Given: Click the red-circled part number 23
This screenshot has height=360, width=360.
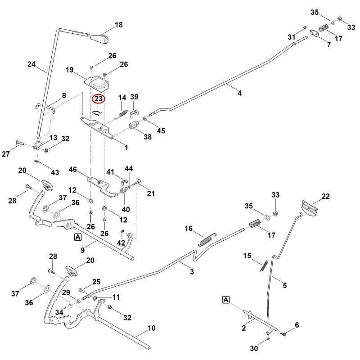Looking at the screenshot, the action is pyautogui.click(x=98, y=99).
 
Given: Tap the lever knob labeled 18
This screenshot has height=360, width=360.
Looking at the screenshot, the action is pyautogui.click(x=99, y=38).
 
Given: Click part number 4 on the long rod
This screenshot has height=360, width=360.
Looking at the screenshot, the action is pyautogui.click(x=239, y=93).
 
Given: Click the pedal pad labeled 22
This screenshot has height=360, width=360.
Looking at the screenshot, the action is pyautogui.click(x=309, y=208).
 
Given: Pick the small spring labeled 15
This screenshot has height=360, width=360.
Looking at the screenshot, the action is pyautogui.click(x=264, y=265).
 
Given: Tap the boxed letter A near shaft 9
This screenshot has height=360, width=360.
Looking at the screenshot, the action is pyautogui.click(x=78, y=237).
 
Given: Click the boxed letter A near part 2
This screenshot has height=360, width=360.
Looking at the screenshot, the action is pyautogui.click(x=226, y=300).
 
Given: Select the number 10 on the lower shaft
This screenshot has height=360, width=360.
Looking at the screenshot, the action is pyautogui.click(x=151, y=328).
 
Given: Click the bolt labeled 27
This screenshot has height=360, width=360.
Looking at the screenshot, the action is pyautogui.click(x=20, y=143).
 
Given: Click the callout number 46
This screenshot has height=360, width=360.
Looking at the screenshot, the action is pyautogui.click(x=72, y=170).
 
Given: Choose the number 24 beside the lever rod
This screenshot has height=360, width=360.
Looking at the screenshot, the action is pyautogui.click(x=31, y=64).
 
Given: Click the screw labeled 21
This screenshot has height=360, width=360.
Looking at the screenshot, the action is pyautogui.click(x=136, y=183).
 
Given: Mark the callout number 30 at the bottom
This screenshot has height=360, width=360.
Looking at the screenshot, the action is pyautogui.click(x=254, y=348).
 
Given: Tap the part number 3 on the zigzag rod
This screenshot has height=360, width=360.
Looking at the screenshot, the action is pyautogui.click(x=192, y=272).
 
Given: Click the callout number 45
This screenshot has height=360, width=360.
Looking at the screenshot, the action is pyautogui.click(x=161, y=131).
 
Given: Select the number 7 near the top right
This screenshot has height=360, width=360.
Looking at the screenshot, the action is pyautogui.click(x=329, y=45).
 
